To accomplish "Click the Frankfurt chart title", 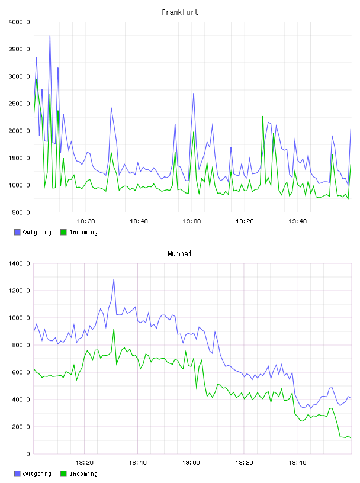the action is click(x=180, y=12).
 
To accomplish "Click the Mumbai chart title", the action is click(x=179, y=254).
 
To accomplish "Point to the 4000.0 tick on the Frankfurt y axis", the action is click(x=20, y=22).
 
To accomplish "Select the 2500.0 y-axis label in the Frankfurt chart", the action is click(x=20, y=104).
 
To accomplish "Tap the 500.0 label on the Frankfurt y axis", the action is click(x=21, y=212).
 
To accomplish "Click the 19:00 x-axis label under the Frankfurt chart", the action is click(x=192, y=221).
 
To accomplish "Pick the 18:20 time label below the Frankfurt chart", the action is click(x=86, y=221).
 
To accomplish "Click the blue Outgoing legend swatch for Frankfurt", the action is click(x=17, y=232).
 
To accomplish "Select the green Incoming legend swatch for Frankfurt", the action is click(x=63, y=232).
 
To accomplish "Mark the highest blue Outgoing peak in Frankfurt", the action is click(x=50, y=36).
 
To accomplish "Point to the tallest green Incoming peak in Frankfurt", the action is click(x=37, y=79).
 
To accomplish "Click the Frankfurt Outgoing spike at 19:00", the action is click(x=194, y=94).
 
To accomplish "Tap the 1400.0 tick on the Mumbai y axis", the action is click(x=20, y=263).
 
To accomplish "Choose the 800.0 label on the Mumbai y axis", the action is click(x=21, y=345).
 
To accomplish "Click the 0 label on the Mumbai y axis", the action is click(x=28, y=454).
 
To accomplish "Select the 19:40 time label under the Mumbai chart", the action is click(x=297, y=463).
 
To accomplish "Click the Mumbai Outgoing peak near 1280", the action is click(x=114, y=280).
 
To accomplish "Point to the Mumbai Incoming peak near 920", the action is click(x=114, y=329).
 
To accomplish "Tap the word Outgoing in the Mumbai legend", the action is click(x=37, y=474).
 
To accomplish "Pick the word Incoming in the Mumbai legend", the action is click(x=83, y=474).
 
